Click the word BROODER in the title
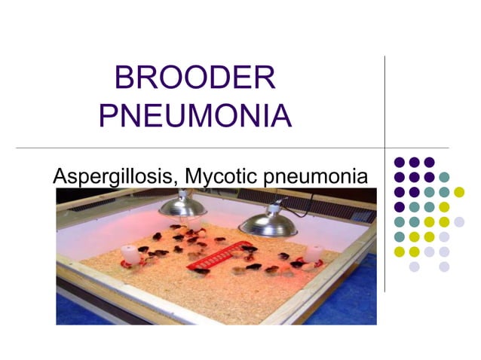click(x=195, y=79)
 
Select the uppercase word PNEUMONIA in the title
click(x=195, y=117)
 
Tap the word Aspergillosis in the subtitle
click(x=113, y=177)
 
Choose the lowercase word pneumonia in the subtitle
click(x=317, y=178)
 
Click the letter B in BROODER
click(x=124, y=79)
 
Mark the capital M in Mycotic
click(x=194, y=176)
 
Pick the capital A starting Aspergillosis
click(x=60, y=176)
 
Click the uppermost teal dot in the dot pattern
click(x=444, y=177)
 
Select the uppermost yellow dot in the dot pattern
click(x=459, y=191)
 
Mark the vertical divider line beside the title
click(x=384, y=113)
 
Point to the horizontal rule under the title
click(x=226, y=147)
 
